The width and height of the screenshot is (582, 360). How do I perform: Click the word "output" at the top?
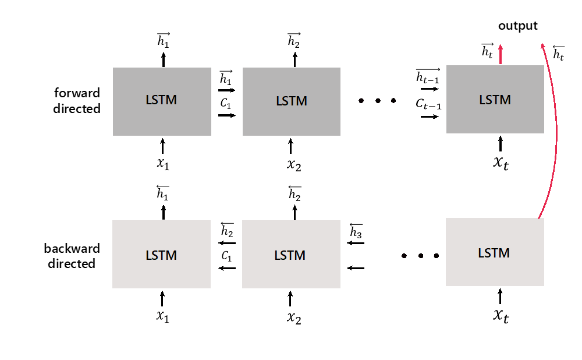pos(518,26)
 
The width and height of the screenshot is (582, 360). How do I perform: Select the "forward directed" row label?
pos(77,101)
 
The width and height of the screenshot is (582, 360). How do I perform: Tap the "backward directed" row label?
pos(72,256)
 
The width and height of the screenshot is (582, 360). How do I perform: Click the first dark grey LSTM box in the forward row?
pos(161,102)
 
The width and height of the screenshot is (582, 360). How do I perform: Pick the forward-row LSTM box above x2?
pos(291,102)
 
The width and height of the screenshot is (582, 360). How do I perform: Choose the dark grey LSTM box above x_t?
pos(495,100)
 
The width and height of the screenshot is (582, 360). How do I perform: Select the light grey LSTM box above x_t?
pos(495,252)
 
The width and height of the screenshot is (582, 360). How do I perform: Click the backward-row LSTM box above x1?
pos(161,255)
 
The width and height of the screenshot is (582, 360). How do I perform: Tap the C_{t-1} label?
pos(428,104)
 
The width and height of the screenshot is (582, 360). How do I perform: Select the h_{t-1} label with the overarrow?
pos(428,76)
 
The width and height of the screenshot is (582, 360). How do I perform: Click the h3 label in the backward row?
pos(356,232)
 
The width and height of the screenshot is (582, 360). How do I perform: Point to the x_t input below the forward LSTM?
pos(501,163)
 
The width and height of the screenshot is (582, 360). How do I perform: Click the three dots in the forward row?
pos(378,101)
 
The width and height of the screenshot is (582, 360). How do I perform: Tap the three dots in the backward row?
pos(420,255)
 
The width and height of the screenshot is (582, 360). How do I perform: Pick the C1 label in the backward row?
pos(227,256)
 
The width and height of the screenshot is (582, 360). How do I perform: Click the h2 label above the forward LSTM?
pos(294,40)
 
